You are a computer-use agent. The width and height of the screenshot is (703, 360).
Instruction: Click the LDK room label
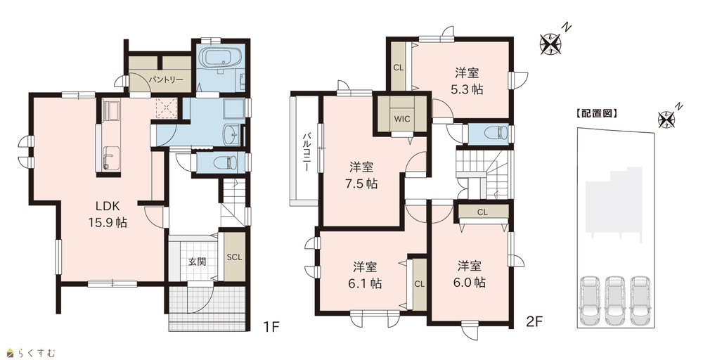tap(108, 206)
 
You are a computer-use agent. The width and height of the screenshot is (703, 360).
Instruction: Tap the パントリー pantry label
tap(166, 79)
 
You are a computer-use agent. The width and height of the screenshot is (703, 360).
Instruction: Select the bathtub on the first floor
tap(221, 58)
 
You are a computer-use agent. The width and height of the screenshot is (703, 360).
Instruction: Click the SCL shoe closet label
tap(234, 257)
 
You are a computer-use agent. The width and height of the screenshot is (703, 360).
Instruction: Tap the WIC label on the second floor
tap(402, 120)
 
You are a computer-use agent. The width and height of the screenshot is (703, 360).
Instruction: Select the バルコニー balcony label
tap(307, 152)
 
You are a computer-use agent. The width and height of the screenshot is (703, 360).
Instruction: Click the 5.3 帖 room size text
tap(467, 89)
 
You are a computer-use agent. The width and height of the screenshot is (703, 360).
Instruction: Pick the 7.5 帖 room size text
tap(363, 184)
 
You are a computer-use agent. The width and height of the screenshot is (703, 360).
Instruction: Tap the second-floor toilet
tap(496, 134)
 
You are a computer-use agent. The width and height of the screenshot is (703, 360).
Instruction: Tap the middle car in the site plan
tap(615, 300)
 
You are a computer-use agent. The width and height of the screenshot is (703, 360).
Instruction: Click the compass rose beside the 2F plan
tap(550, 44)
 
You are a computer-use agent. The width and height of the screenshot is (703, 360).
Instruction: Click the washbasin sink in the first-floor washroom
tap(231, 134)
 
